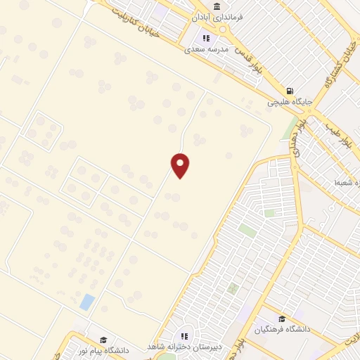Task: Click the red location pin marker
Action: pyautogui.click(x=181, y=165)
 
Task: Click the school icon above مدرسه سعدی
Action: pyautogui.click(x=206, y=39)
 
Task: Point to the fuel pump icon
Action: pyautogui.click(x=289, y=91)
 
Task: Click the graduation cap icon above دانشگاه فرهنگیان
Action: pyautogui.click(x=282, y=319)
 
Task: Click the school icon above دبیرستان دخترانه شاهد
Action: pyautogui.click(x=184, y=336)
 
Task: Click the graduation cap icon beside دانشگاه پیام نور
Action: pyautogui.click(x=103, y=340)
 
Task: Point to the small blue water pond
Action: pyautogui.click(x=87, y=302)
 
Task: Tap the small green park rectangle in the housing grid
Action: pyautogui.click(x=246, y=229)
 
